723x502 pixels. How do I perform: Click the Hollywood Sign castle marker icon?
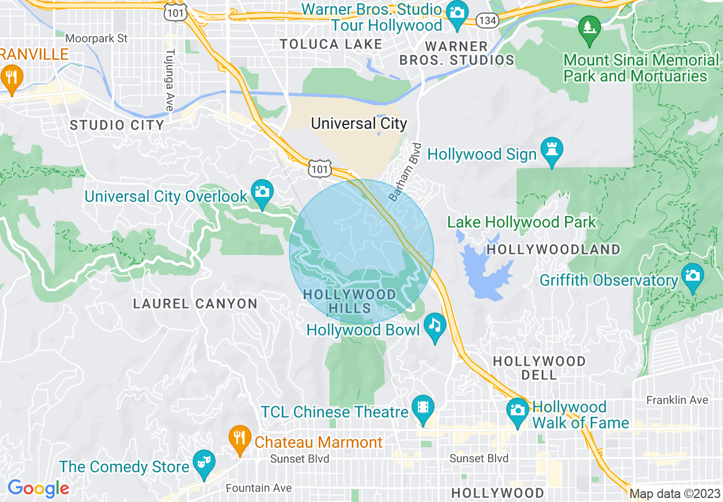551,149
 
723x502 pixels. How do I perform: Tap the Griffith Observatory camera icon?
692,276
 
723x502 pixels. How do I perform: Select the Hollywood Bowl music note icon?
435,326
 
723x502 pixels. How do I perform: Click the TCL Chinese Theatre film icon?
423,407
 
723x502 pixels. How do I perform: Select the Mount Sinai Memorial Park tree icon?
587,27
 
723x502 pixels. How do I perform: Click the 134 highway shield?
488,21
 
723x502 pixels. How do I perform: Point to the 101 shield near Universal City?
319,168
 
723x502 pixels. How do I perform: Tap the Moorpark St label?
96,39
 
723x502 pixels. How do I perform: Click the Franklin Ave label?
677,400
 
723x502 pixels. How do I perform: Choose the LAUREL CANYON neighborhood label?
195,303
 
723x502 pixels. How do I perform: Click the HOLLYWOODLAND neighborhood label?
553,249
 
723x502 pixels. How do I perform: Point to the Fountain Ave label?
258,488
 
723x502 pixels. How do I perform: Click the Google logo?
38,488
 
